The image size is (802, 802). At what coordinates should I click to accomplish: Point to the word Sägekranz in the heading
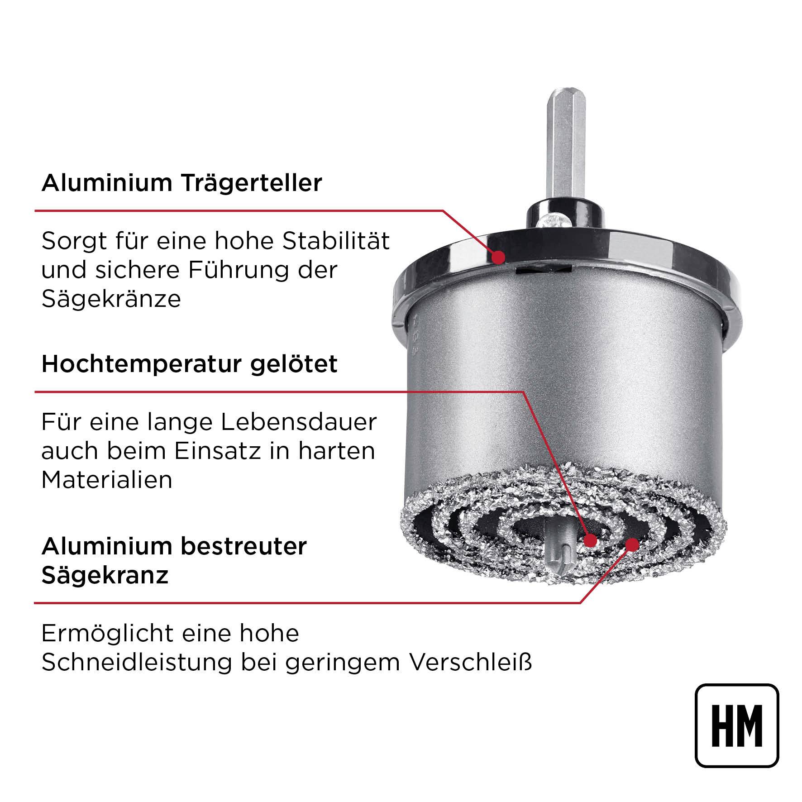[105, 575]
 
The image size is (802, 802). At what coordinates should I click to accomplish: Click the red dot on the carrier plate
[498, 258]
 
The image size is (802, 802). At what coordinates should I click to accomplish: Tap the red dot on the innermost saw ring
[590, 540]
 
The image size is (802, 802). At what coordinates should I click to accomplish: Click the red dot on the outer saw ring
[632, 544]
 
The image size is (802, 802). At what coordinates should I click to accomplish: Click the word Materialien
[107, 480]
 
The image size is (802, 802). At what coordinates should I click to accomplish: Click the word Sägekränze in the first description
[111, 299]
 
